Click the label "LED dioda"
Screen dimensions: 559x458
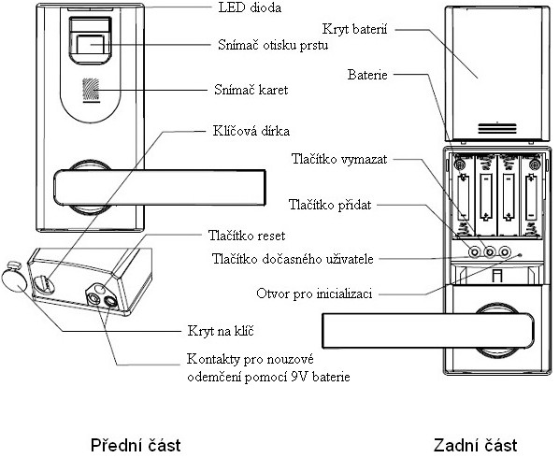tap(250, 7)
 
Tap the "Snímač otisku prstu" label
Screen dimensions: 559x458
tap(273, 45)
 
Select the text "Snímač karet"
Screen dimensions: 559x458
tap(251, 90)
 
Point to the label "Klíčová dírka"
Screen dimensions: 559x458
tap(251, 131)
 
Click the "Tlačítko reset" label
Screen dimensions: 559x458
tap(247, 236)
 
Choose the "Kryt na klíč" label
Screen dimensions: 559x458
tap(221, 331)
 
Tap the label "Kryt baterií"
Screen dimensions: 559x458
tap(354, 29)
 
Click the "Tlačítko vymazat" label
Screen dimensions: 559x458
tap(339, 159)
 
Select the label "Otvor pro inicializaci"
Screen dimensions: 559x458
tap(314, 293)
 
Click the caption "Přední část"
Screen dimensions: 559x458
tap(136, 445)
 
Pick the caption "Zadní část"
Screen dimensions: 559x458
tap(475, 445)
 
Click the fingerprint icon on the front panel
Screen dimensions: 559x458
tap(91, 89)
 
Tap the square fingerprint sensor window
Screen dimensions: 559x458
tap(91, 44)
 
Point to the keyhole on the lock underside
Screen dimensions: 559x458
tap(44, 284)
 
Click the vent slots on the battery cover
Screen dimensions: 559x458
tap(497, 128)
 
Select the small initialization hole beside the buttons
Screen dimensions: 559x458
tap(520, 255)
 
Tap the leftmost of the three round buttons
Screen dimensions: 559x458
tap(475, 252)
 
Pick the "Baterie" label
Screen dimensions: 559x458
tap(367, 75)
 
